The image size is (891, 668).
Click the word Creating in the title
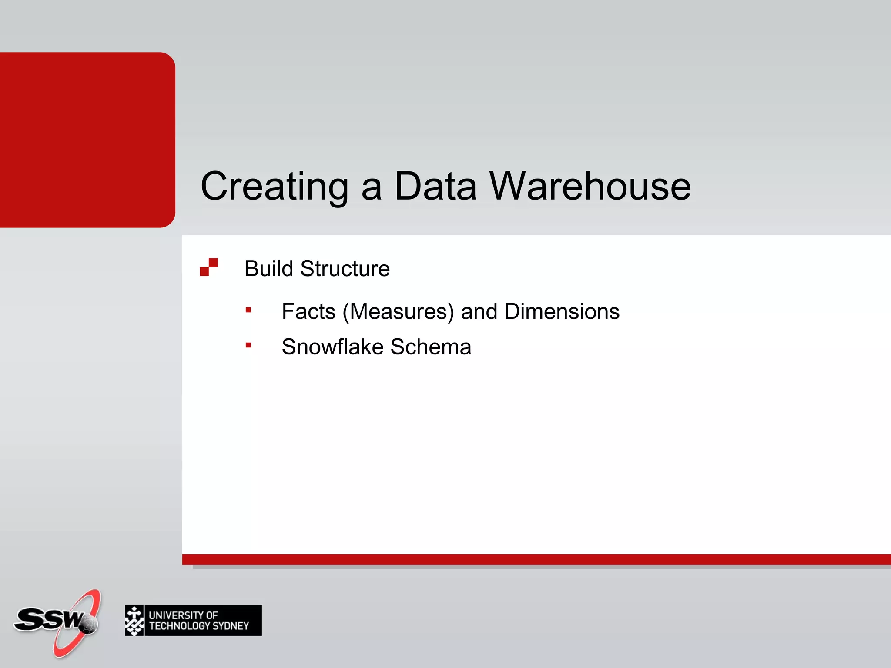click(x=274, y=187)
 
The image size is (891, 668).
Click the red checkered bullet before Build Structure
click(x=208, y=267)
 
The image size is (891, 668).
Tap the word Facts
click(x=308, y=311)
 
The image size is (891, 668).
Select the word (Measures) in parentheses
click(x=398, y=312)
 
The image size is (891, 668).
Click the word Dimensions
click(x=562, y=311)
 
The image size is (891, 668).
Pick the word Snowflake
click(x=332, y=347)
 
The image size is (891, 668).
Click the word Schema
click(x=431, y=347)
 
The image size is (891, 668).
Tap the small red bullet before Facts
click(x=248, y=310)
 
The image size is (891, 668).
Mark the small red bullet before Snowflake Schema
click(x=248, y=345)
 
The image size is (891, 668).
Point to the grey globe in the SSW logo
click(x=89, y=625)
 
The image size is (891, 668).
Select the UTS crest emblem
click(x=134, y=621)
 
